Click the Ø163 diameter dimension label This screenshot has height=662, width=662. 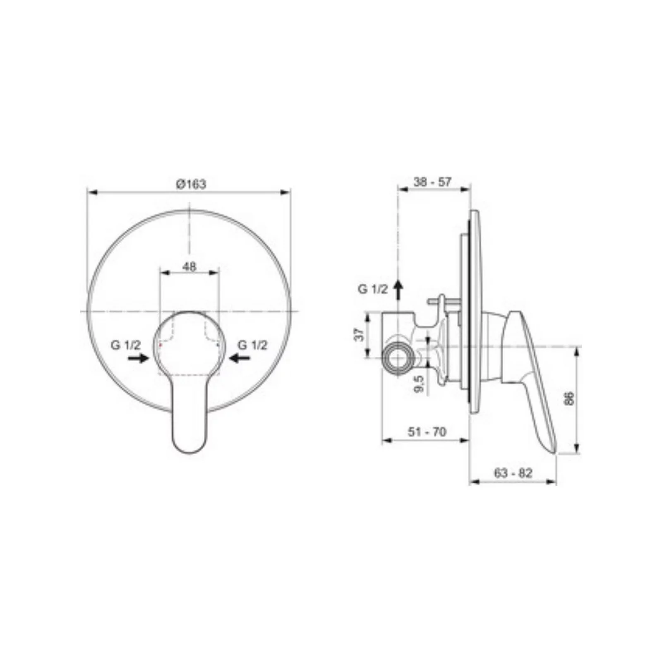point(191,184)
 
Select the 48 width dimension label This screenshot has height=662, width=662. point(189,266)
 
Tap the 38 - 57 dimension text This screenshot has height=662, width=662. point(432,182)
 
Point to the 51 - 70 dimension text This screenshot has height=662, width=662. point(427,432)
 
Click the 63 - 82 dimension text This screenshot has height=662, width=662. point(513,473)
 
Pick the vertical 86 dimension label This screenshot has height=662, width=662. point(570,398)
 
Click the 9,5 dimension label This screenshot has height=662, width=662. point(419,384)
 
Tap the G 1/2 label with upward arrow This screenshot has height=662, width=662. point(373,289)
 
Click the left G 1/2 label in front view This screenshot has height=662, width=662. point(126,345)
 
